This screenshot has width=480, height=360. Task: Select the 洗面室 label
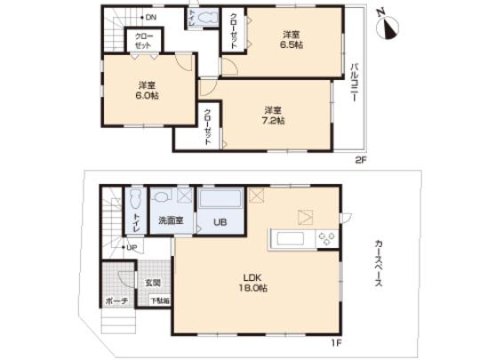pyautogui.click(x=170, y=220)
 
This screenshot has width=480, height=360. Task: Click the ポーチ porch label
pyautogui.click(x=116, y=302)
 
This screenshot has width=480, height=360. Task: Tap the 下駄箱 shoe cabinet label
pyautogui.click(x=160, y=302)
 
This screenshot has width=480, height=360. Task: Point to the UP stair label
pyautogui.click(x=131, y=247)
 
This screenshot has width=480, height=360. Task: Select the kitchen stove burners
pyautogui.click(x=325, y=237)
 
